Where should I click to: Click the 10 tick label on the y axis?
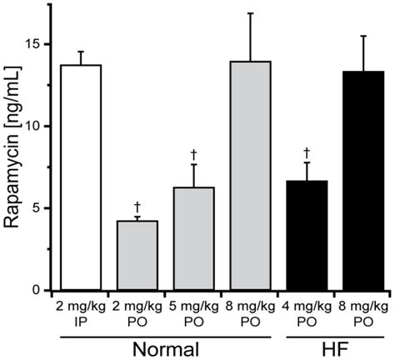click(33, 126)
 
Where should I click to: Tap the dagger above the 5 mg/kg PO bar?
click(193, 154)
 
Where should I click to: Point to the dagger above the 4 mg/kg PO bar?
click(307, 152)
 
